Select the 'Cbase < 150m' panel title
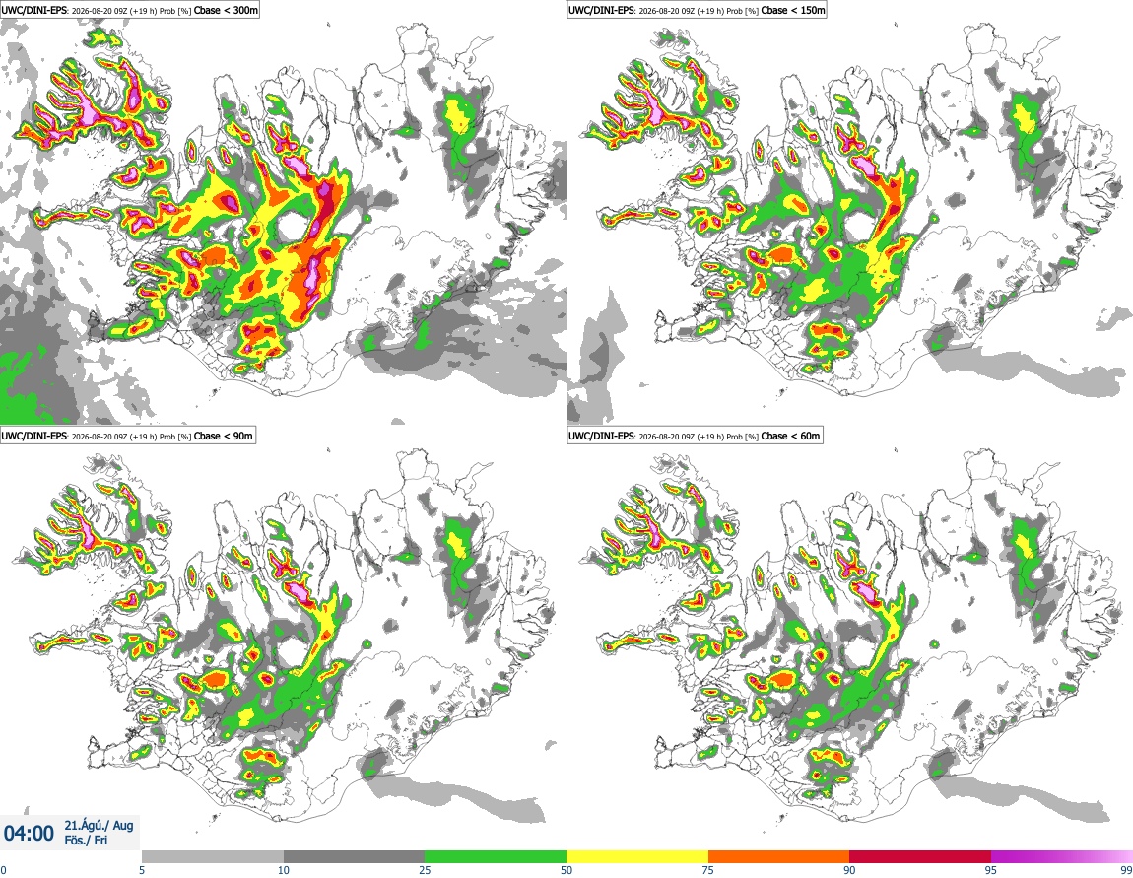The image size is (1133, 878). tap(697, 10)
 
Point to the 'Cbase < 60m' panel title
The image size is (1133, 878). tap(695, 435)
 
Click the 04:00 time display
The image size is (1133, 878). tap(29, 834)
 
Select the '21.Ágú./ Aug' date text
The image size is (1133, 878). tap(99, 825)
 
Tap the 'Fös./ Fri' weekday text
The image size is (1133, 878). tap(86, 841)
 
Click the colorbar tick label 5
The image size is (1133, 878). tap(142, 870)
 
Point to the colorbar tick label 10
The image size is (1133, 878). tap(284, 870)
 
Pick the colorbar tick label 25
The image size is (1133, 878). tap(425, 870)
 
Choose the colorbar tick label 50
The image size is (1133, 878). tap(566, 870)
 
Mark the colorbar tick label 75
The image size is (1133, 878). tap(708, 870)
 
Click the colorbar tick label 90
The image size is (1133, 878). tap(849, 870)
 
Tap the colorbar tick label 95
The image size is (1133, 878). tap(991, 870)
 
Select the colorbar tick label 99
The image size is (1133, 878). tap(1126, 870)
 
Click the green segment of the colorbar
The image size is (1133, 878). tap(496, 856)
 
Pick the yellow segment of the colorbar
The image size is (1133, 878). tap(637, 856)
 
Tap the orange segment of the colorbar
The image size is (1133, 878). tap(779, 856)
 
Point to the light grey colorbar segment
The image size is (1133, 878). tap(213, 856)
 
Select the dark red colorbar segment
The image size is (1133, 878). tap(920, 856)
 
